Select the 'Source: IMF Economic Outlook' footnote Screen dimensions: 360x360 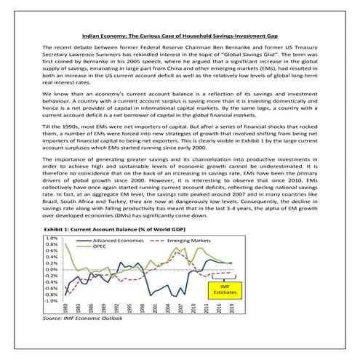coord(81,319)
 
